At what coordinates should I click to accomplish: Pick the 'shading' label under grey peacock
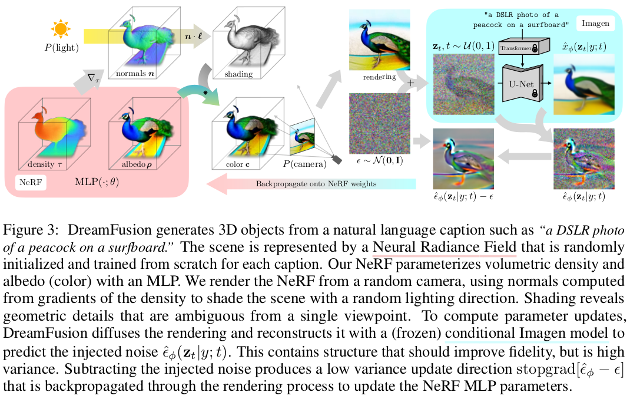[x=238, y=74]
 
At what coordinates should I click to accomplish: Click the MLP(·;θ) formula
[x=96, y=182]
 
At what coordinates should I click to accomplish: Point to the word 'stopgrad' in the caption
[x=542, y=373]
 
